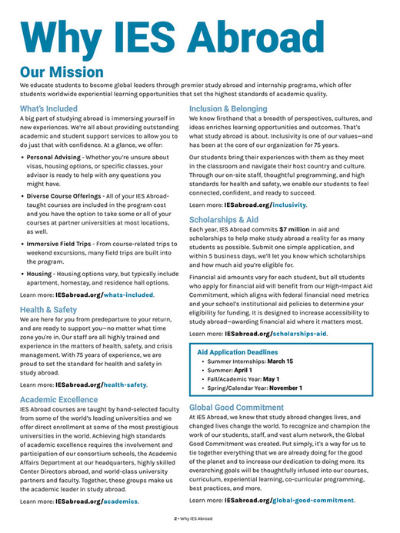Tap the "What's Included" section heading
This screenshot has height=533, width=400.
coord(48,109)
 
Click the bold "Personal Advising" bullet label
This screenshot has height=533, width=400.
coord(53,157)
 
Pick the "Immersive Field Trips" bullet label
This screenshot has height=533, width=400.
coord(58,244)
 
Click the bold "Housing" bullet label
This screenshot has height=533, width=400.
coord(39,274)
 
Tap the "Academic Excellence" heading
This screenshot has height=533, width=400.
coord(59,400)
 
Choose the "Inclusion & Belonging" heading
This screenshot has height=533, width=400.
coord(228,109)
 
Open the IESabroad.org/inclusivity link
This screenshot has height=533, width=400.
coord(265,205)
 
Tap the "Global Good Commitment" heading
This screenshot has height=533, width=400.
coord(236,408)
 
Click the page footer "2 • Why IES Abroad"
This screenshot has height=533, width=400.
coord(199,520)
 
